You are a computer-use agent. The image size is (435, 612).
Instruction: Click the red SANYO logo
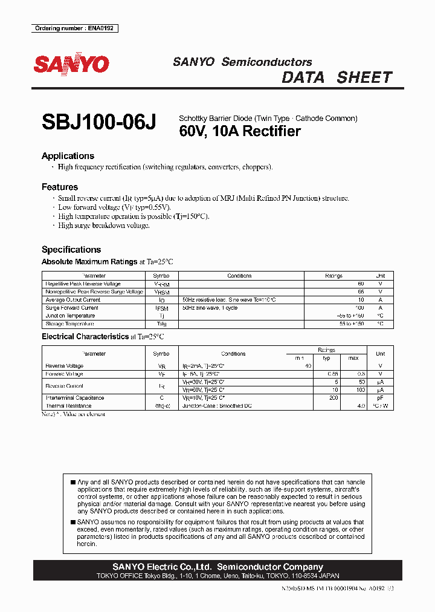coord(71,65)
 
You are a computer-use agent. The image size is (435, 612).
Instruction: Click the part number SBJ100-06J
coord(99,123)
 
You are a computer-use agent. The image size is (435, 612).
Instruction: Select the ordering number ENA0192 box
coord(75,28)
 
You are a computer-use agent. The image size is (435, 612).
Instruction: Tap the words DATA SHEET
coord(337,77)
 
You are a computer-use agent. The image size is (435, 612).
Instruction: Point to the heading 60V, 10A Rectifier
coord(240,131)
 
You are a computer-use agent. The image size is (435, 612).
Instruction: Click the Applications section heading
coord(68,156)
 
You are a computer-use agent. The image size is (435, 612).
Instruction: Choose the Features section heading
coord(60,187)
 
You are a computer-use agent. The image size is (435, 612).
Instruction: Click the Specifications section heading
coord(71,250)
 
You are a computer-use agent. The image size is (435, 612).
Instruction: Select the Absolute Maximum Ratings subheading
coord(89,262)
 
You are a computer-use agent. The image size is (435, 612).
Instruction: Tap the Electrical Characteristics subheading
coord(85,337)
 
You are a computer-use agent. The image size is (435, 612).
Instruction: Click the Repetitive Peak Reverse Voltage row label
coord(83,284)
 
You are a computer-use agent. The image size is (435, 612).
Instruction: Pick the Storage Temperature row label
coord(71,324)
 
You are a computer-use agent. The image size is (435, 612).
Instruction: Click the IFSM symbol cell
coord(161,308)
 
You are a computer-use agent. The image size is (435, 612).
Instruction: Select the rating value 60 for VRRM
coord(361,284)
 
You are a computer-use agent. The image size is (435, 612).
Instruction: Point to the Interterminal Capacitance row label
coord(75,398)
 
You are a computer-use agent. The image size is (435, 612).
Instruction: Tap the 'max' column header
coord(353,358)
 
